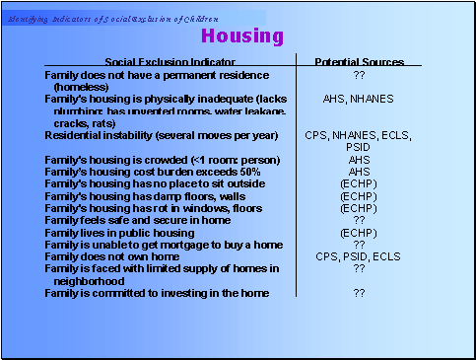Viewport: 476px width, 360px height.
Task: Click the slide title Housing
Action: (x=241, y=36)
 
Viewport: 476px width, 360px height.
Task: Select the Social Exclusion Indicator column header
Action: (x=160, y=62)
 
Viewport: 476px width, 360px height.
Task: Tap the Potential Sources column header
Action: (x=359, y=62)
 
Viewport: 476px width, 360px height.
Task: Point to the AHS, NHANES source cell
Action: (x=359, y=99)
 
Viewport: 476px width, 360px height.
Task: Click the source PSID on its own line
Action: (x=359, y=147)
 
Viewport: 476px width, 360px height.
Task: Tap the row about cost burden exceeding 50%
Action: (x=153, y=172)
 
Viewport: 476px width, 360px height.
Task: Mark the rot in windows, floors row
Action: (x=153, y=207)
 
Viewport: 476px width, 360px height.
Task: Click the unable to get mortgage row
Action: (x=163, y=244)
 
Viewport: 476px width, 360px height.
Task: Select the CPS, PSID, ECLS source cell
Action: (x=359, y=255)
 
